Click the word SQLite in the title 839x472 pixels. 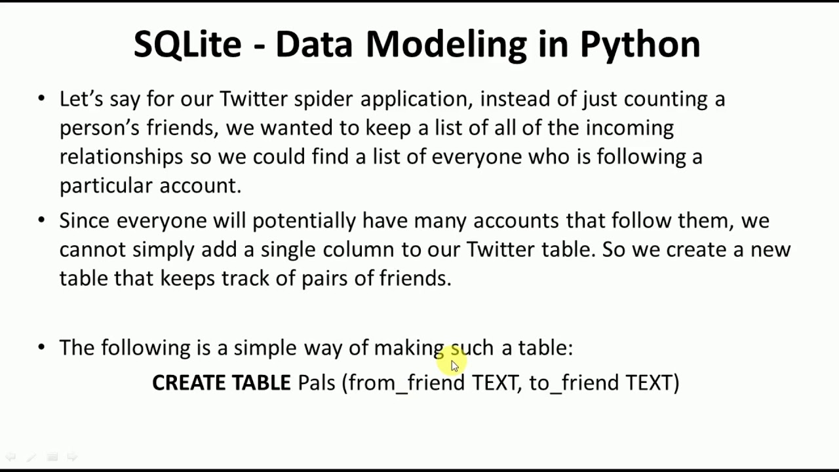[x=187, y=45]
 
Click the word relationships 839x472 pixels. [x=121, y=157]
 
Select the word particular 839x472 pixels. [x=106, y=186]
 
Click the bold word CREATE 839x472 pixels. [x=188, y=383]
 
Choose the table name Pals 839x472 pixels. [x=317, y=383]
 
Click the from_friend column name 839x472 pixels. [x=406, y=383]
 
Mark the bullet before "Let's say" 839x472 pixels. [x=42, y=98]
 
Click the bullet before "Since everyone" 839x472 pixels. [x=42, y=220]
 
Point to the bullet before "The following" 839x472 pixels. [x=42, y=347]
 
